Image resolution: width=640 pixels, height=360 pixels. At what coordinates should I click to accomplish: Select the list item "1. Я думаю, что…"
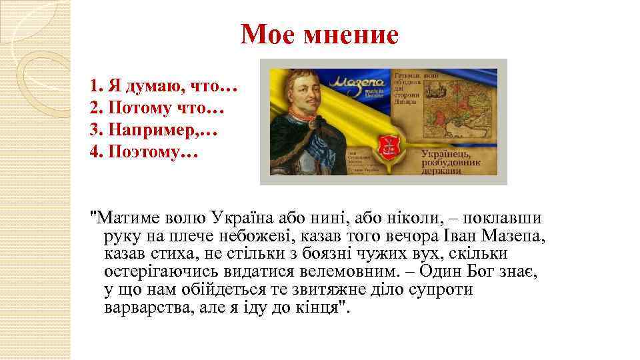(164, 86)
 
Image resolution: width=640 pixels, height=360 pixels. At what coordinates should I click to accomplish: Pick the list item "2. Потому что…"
(157, 108)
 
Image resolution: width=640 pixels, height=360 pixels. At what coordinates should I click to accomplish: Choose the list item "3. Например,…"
(154, 130)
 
